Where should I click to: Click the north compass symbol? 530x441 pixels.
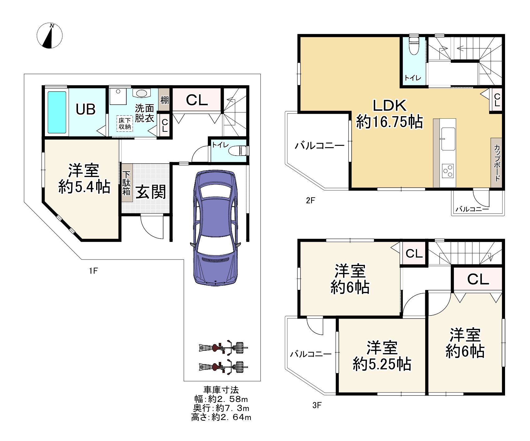(x=50, y=36)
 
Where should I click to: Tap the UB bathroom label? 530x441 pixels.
(x=86, y=110)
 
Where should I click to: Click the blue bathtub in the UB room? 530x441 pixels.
(x=57, y=112)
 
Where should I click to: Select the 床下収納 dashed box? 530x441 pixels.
(x=125, y=124)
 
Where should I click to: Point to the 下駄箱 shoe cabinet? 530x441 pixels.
(x=126, y=183)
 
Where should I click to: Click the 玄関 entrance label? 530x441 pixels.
(x=151, y=192)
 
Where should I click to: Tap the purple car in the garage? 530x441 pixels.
(x=216, y=228)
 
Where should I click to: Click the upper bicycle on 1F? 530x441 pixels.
(x=223, y=348)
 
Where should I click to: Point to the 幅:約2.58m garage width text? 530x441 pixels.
(x=221, y=399)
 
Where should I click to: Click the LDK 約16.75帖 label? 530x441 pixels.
(x=390, y=114)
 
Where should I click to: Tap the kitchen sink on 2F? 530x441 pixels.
(x=448, y=139)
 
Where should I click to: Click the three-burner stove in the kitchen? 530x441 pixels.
(x=448, y=171)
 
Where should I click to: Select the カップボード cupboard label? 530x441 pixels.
(x=497, y=163)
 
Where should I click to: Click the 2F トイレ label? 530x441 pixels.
(x=413, y=78)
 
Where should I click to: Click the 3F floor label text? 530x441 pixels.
(x=317, y=406)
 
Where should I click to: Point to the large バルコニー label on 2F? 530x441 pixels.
(x=320, y=146)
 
